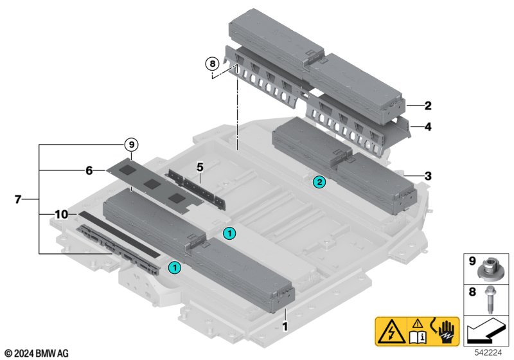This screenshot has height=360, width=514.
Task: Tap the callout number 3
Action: pos(428,175)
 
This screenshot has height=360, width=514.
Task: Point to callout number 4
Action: pos(428,127)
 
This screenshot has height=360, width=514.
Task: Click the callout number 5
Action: pos(200,167)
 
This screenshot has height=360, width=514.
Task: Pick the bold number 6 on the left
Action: pos(89,170)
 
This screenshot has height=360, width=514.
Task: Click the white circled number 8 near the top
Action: pos(211,64)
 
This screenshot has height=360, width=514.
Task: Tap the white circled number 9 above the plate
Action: pos(131,145)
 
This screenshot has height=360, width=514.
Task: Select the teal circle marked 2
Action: pos(319,183)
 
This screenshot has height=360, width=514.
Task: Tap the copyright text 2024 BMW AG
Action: pos(36,353)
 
